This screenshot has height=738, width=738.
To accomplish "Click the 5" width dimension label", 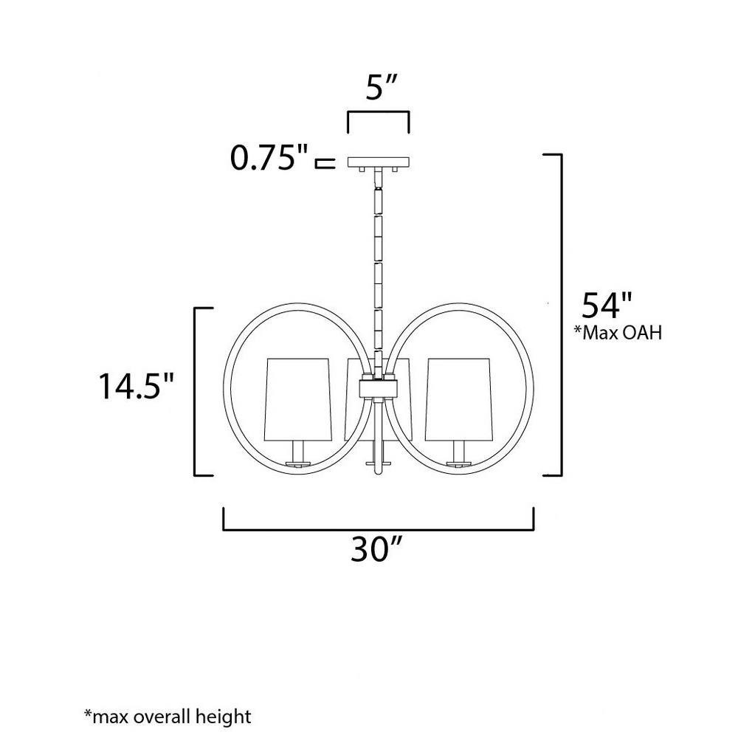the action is coord(382,87).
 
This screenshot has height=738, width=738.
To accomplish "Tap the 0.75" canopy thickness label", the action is coord(269,157).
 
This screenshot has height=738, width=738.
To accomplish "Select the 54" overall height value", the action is coord(607,306).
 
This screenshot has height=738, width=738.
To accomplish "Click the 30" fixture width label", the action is coord(376,548).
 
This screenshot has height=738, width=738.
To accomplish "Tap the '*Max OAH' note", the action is coord(618,333).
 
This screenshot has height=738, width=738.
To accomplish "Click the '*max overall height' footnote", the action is coord(168,717).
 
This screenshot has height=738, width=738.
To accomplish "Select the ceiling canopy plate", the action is coord(379,162).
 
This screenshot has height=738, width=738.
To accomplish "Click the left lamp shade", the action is coord(298,400).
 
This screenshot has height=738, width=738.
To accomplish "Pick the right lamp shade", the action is coord(458,400).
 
